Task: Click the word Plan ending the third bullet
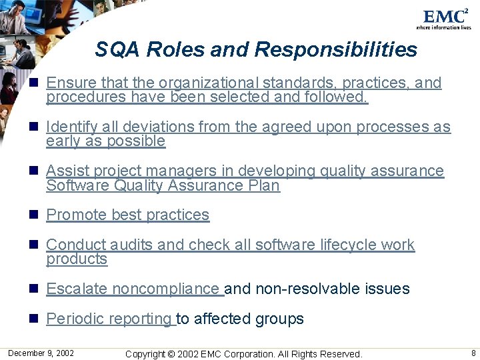pos(263,186)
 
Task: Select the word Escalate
pos(76,289)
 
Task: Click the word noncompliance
pos(166,289)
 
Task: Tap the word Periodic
pos(73,319)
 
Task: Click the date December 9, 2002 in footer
pos(41,353)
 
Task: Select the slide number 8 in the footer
pos(473,353)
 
